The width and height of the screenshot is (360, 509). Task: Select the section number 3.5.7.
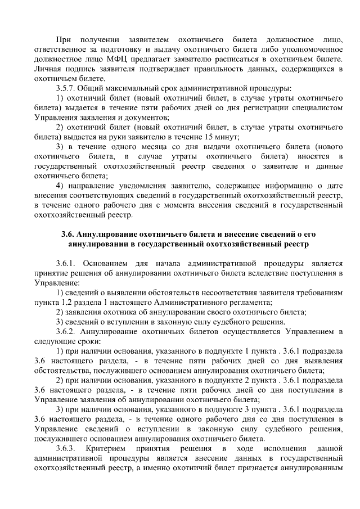tap(67, 88)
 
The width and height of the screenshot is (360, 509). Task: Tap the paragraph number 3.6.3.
tap(67, 448)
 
